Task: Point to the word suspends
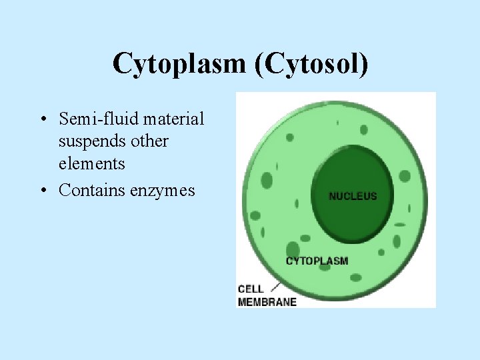91,141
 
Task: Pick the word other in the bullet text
150,141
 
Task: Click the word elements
91,163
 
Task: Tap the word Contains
91,190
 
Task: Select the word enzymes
163,190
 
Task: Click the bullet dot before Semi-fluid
42,120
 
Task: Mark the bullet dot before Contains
42,191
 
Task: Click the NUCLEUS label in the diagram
353,196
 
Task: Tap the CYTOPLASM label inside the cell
317,261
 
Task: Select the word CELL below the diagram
251,289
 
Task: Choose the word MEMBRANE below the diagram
267,301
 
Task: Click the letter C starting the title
122,64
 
